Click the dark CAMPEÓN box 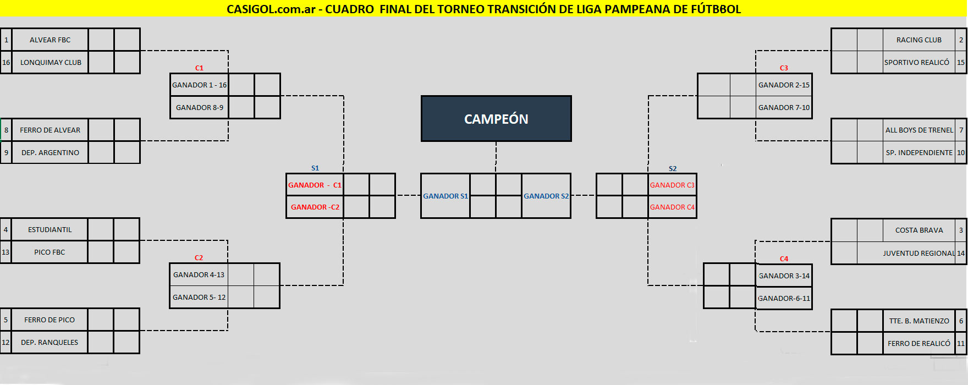[x=496, y=119]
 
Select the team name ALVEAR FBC [x=50, y=40]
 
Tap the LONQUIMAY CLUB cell [x=51, y=63]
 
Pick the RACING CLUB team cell [x=919, y=40]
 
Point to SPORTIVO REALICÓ [x=917, y=63]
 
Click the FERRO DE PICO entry [x=50, y=320]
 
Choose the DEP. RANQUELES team [x=50, y=343]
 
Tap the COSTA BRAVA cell [x=919, y=230]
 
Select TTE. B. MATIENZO [x=919, y=321]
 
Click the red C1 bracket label [x=199, y=68]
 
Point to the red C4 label [x=784, y=259]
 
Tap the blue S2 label [x=673, y=169]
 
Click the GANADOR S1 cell [x=446, y=196]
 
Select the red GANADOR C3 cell [x=672, y=185]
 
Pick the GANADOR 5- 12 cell [x=199, y=298]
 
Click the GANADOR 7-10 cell [x=784, y=108]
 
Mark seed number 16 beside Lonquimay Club [x=6, y=63]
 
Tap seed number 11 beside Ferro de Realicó [x=961, y=344]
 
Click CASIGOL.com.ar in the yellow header [x=271, y=9]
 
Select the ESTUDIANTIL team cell [x=50, y=230]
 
